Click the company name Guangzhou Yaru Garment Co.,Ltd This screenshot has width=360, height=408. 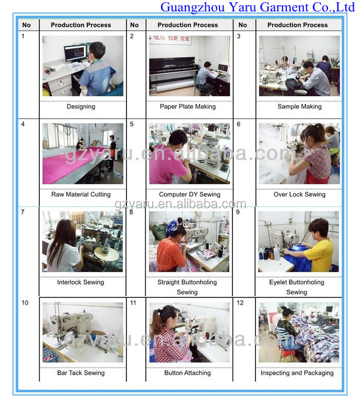257,7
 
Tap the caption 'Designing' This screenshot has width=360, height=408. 81,107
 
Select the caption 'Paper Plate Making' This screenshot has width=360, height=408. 188,107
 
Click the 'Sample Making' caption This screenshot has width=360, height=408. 299,107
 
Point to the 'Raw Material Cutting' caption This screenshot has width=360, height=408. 81,194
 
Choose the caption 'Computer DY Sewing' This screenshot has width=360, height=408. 190,194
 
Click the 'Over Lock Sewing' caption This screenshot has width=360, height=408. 299,194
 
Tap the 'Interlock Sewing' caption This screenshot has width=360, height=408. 80,282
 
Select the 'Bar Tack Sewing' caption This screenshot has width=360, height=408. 81,373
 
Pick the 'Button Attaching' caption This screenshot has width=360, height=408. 188,373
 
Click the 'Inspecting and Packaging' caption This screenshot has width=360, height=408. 297,373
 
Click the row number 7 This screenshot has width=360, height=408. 22,212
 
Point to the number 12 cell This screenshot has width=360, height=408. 240,302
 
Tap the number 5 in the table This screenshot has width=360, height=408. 132,124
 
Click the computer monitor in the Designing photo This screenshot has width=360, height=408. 75,53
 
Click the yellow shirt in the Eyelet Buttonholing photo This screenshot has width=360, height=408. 319,255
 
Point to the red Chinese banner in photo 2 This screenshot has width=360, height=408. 170,40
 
